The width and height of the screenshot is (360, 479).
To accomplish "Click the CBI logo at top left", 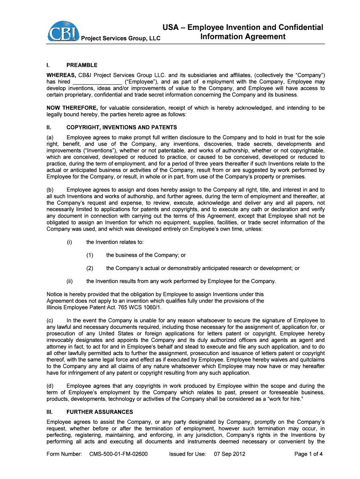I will (x=62, y=31).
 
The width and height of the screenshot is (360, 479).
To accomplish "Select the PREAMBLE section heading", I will (x=82, y=65).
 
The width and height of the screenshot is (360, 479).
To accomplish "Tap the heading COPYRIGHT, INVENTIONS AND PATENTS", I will (x=122, y=127).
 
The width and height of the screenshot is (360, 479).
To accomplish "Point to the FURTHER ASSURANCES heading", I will (x=100, y=412).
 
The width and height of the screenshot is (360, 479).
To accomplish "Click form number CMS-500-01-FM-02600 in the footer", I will (x=118, y=454).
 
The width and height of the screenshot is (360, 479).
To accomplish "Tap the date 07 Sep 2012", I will (x=230, y=454).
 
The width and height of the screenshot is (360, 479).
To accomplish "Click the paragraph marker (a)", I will (x=50, y=137).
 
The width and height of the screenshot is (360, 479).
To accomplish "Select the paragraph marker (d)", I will (x=50, y=385).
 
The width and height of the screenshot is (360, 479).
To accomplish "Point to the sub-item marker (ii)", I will (x=69, y=281).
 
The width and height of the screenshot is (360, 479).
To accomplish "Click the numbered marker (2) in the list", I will (x=90, y=268).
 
